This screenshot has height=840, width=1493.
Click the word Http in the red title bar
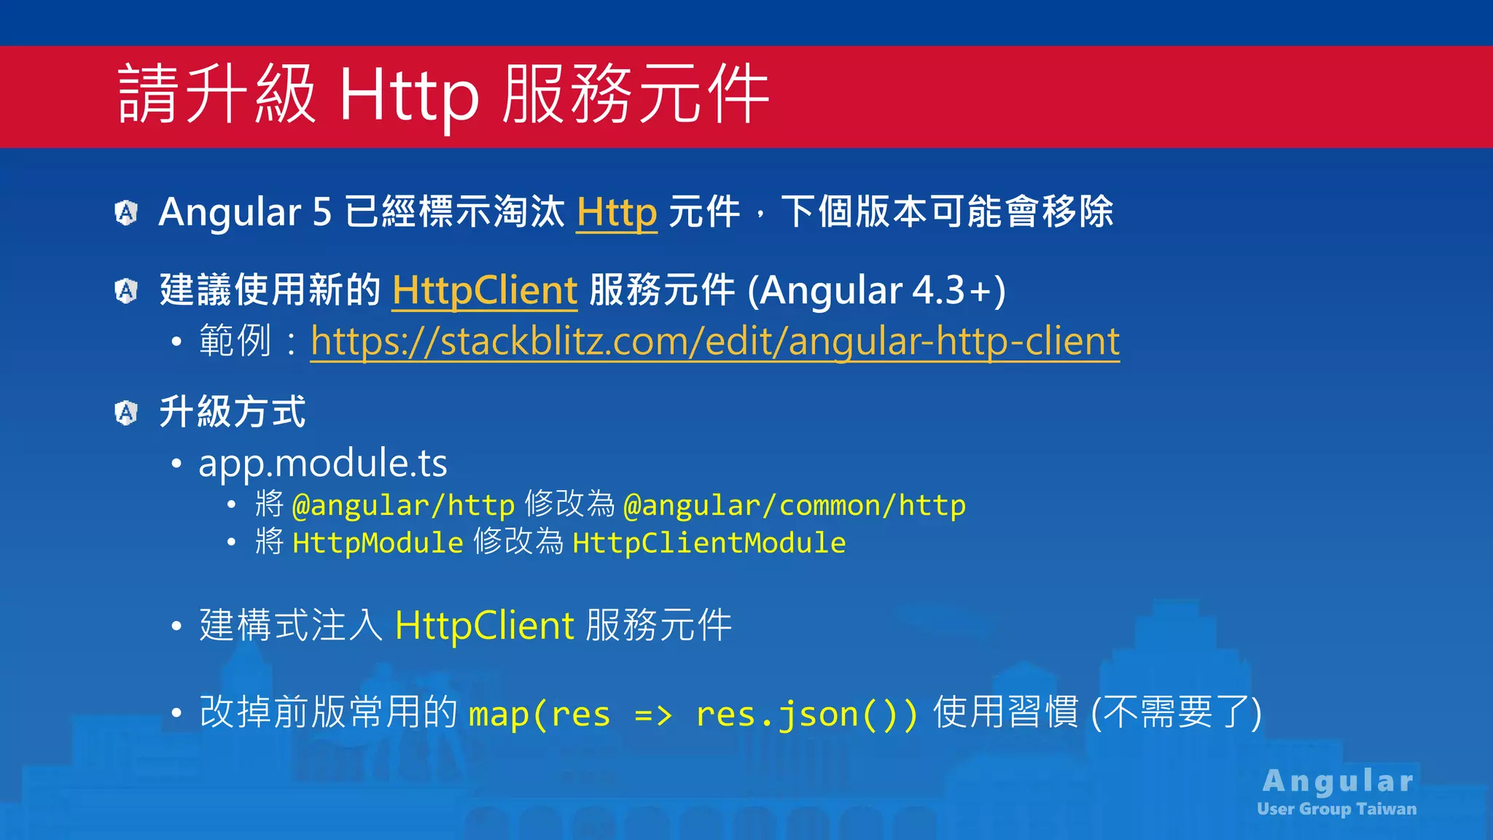point(409,95)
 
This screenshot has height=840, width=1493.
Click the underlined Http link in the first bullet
point(617,212)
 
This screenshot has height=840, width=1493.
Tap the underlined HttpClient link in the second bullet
point(485,290)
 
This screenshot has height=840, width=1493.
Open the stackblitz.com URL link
point(714,341)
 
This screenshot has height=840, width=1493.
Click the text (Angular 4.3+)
point(876,290)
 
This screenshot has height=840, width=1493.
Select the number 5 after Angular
point(322,212)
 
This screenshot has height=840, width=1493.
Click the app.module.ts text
point(323,463)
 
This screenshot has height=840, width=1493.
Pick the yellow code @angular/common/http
point(795,505)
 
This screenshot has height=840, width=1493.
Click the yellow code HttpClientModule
point(709,543)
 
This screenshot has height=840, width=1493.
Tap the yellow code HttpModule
point(378,543)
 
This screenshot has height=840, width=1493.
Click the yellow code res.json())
point(806,714)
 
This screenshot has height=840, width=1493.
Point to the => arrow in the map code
point(653,715)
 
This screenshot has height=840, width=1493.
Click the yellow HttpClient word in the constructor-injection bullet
point(485,626)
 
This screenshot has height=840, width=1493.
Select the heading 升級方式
point(233,412)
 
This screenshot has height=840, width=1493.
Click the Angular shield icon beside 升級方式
point(126,413)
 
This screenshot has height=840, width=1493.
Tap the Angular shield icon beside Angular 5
point(126,213)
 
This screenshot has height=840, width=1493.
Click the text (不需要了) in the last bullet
point(1176,712)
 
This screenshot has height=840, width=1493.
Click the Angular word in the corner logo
point(1338,781)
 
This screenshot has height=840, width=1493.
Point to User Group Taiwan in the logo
point(1336,809)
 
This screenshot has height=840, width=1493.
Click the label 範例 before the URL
point(235,341)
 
